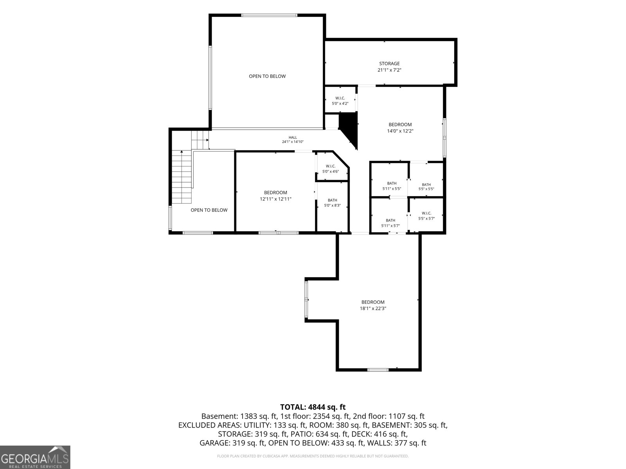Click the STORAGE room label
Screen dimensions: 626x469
(x=389, y=63)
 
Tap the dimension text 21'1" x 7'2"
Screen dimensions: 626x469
(x=389, y=70)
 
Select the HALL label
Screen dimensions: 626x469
(x=293, y=138)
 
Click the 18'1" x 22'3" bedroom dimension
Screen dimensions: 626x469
(x=373, y=308)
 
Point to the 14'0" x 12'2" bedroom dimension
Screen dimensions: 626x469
(x=400, y=131)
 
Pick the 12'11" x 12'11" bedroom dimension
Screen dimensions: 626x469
(x=275, y=199)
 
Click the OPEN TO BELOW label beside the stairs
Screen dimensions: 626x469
(x=209, y=210)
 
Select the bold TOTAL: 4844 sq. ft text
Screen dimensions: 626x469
(x=313, y=407)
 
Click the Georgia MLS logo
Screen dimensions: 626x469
(x=35, y=457)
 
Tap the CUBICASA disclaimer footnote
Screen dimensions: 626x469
(x=313, y=456)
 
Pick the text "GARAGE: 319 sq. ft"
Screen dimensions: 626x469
(x=232, y=443)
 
